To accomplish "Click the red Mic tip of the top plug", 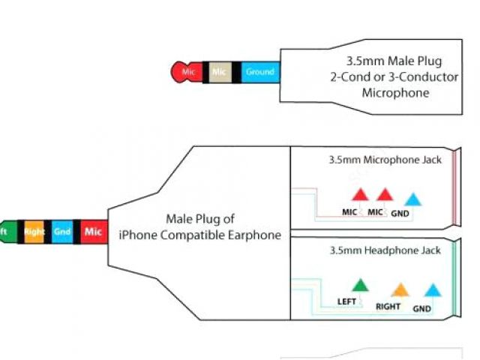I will pyautogui.click(x=187, y=72).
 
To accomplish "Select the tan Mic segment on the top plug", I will pyautogui.click(x=219, y=72).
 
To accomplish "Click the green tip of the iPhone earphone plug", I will pyautogui.click(x=5, y=232).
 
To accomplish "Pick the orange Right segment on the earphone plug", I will pyautogui.click(x=34, y=232).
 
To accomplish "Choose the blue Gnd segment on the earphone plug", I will pyautogui.click(x=62, y=232).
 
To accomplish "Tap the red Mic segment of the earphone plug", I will pyautogui.click(x=93, y=232).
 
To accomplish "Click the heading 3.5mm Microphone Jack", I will pyautogui.click(x=385, y=160).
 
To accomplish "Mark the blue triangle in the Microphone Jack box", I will pyautogui.click(x=412, y=200).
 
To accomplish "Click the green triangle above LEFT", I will pyautogui.click(x=361, y=285).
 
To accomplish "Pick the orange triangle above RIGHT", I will pyautogui.click(x=400, y=289).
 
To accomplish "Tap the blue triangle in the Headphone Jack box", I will pyautogui.click(x=431, y=289).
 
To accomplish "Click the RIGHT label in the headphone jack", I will pyautogui.click(x=388, y=307).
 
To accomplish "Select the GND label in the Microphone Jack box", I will pyautogui.click(x=400, y=213).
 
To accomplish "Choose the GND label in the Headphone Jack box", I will pyautogui.click(x=422, y=308).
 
